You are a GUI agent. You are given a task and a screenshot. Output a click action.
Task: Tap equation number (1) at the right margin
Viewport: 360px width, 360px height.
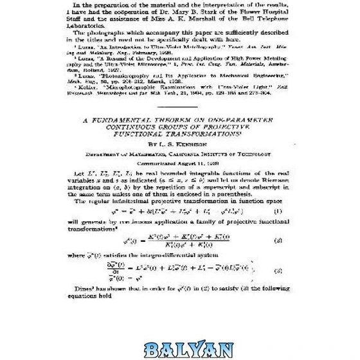tap(278, 210)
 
